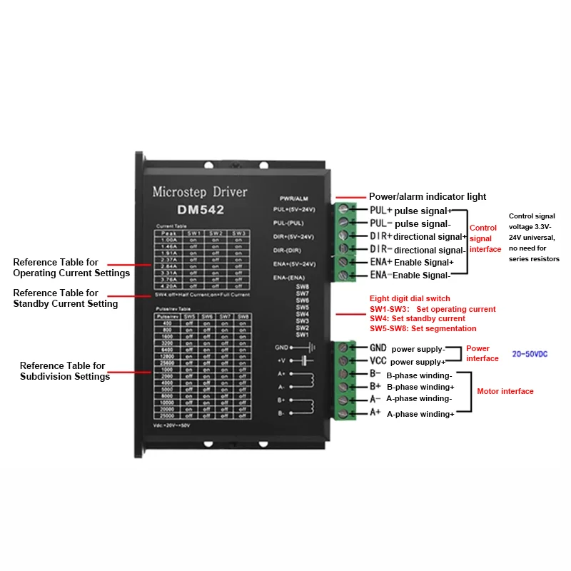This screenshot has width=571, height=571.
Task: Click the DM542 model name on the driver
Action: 201,210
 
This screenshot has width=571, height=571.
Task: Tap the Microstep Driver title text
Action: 200,191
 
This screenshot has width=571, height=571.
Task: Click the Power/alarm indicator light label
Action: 427,196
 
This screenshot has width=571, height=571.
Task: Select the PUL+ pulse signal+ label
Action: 410,211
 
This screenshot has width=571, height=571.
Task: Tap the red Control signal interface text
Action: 485,238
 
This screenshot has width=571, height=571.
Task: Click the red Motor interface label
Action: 505,391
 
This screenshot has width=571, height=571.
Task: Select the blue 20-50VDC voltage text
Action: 530,354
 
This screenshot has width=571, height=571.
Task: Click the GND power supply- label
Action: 407,348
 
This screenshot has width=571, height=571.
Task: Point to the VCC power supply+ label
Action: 408,361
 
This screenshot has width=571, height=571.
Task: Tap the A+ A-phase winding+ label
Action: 411,413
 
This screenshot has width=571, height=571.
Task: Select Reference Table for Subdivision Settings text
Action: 63,371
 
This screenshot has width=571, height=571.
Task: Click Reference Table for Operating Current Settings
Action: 71,268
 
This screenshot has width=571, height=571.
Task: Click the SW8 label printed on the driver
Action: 302,287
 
